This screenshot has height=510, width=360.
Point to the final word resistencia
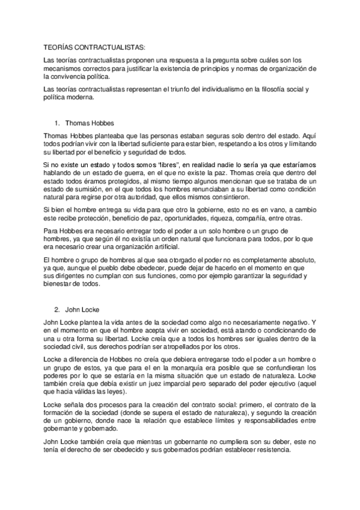272,450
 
